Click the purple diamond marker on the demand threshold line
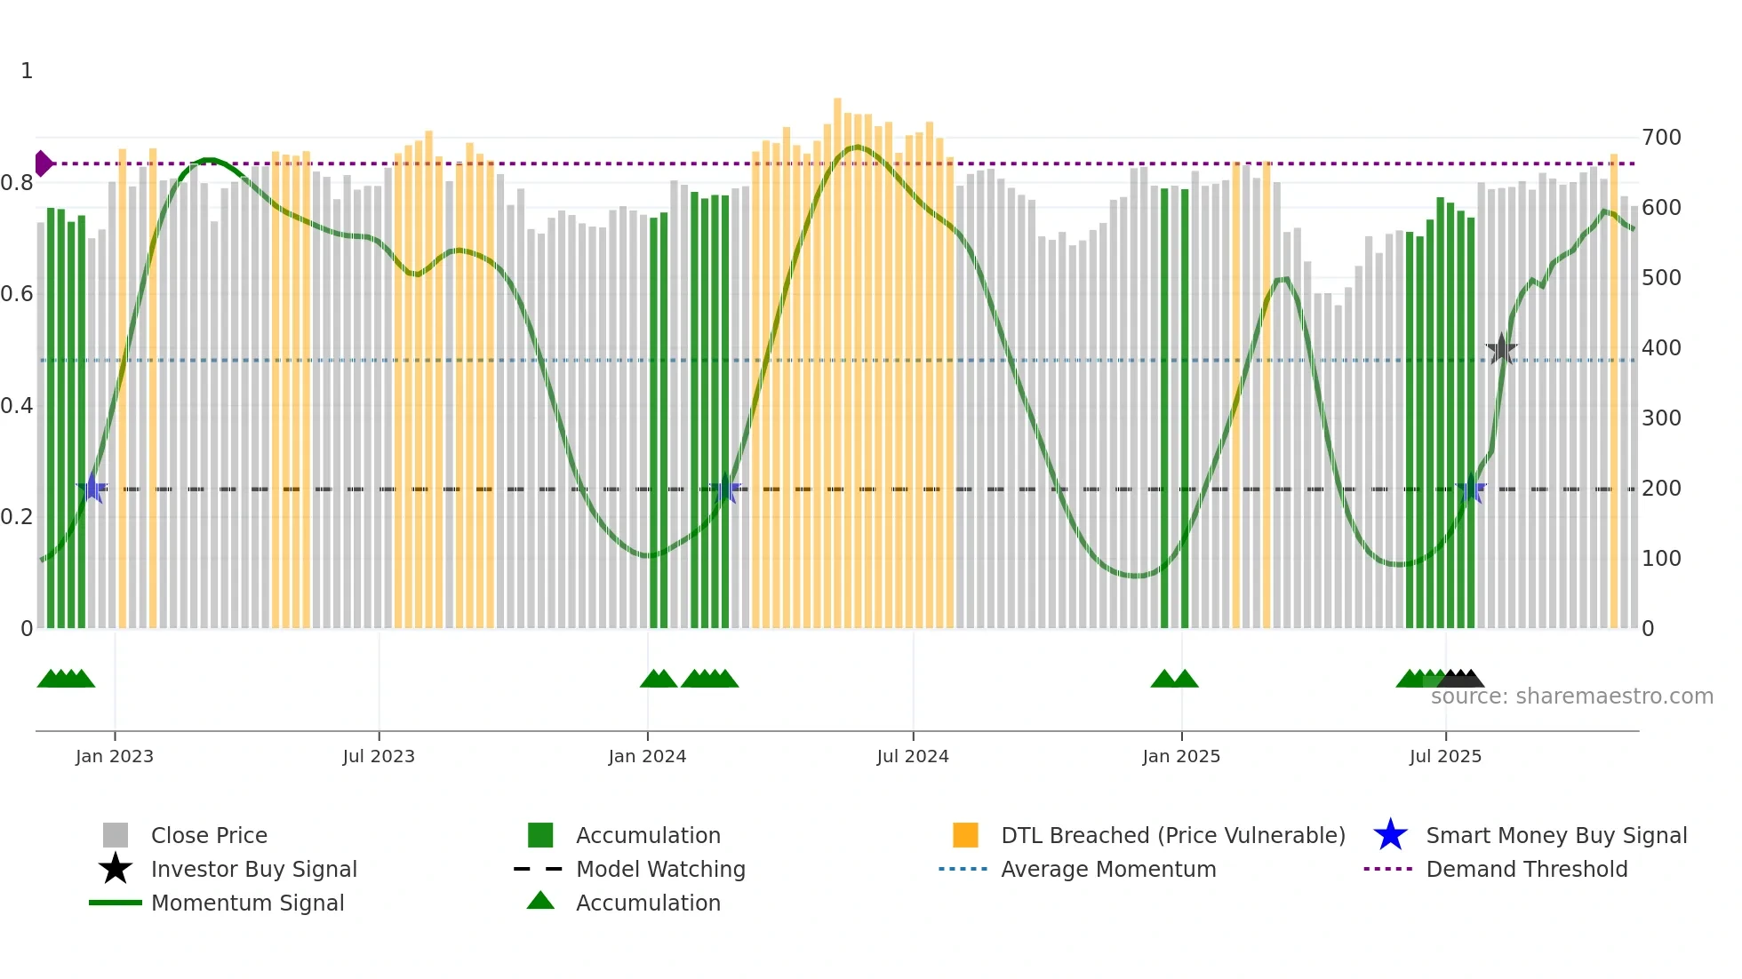[43, 163]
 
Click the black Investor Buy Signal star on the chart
[1501, 349]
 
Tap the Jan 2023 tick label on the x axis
[115, 756]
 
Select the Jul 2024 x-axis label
[913, 756]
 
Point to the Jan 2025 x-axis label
[1181, 756]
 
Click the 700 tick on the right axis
[1661, 138]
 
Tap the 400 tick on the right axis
[1661, 348]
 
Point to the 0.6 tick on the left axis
[17, 294]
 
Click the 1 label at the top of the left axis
[27, 71]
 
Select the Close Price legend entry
[209, 835]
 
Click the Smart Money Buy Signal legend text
[1556, 835]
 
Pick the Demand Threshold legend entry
[1526, 869]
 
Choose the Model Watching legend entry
[660, 869]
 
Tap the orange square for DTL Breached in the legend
[965, 835]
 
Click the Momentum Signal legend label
[247, 903]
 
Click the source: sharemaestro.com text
[1571, 696]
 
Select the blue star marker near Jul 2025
[1471, 489]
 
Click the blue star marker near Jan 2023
[92, 488]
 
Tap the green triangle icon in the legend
[540, 901]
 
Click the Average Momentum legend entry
[1108, 869]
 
